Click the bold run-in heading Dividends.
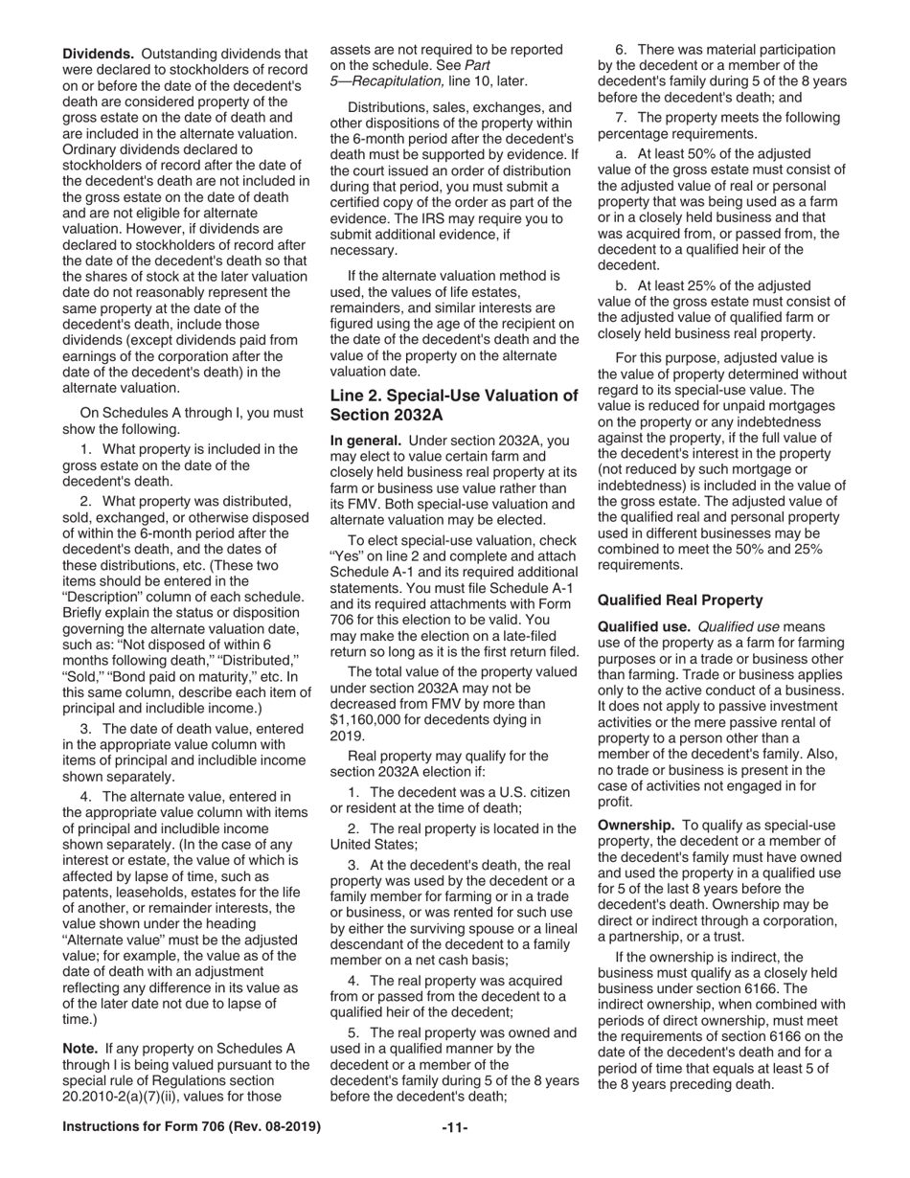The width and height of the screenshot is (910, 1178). pos(97,55)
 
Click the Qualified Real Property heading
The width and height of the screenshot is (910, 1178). pos(679,600)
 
